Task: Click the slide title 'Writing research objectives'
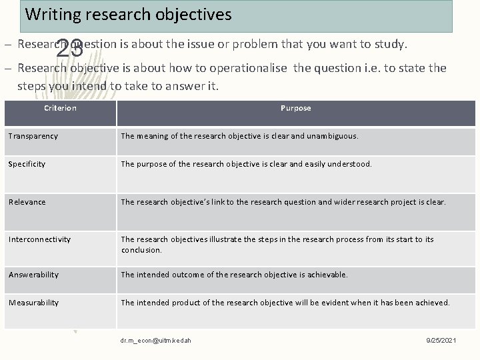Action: click(x=128, y=13)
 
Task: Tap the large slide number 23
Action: click(x=69, y=48)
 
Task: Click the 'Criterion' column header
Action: click(x=60, y=108)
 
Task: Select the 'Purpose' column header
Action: click(x=295, y=108)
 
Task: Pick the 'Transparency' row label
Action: click(x=33, y=136)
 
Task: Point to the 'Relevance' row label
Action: click(x=28, y=202)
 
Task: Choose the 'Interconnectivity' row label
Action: click(x=39, y=239)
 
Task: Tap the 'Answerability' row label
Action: click(x=34, y=275)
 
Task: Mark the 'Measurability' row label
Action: click(x=34, y=303)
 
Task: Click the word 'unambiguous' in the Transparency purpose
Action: click(x=331, y=136)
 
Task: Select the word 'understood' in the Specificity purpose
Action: click(x=351, y=164)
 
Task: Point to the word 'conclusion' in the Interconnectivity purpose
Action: click(x=141, y=250)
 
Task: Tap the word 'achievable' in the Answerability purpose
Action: click(x=326, y=275)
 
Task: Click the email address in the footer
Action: click(x=156, y=340)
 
